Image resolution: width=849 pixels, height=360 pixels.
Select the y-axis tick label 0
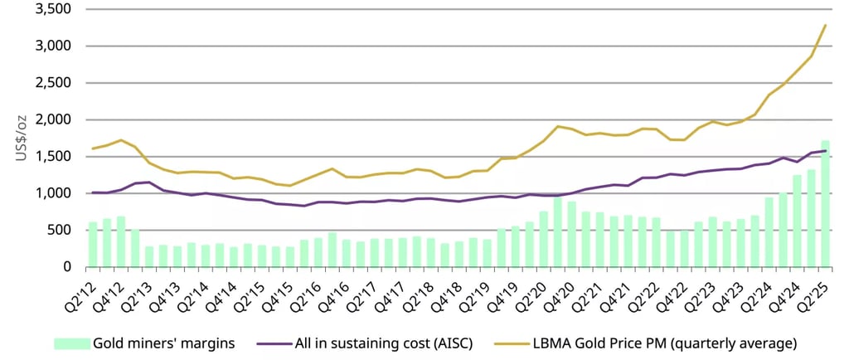(66, 266)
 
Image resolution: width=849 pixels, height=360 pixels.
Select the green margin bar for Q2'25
(825, 204)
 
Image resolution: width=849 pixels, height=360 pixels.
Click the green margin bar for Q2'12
(93, 244)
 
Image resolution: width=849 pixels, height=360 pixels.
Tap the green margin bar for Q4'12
(121, 241)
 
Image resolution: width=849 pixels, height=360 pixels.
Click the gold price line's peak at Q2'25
(826, 25)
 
